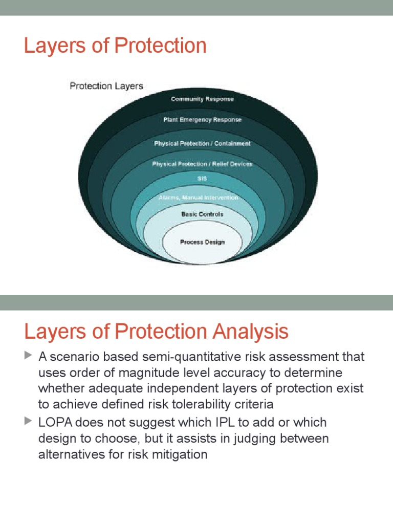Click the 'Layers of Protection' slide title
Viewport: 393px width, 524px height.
(115, 46)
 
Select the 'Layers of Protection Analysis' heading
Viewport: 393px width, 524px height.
(156, 332)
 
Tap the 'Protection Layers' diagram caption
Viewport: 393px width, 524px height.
(106, 86)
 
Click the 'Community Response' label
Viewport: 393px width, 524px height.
(202, 99)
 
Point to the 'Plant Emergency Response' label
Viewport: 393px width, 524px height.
(202, 120)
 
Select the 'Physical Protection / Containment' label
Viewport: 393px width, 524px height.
(202, 144)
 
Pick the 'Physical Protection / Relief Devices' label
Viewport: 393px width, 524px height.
(202, 164)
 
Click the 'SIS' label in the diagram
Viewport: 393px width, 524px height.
(202, 179)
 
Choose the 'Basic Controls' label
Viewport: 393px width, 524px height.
(202, 214)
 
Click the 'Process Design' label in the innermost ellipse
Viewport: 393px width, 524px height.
(202, 242)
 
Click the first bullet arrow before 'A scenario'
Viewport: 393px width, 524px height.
(28, 355)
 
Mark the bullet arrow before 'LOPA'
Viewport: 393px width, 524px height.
(28, 422)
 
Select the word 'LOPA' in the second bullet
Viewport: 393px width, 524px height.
(56, 423)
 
